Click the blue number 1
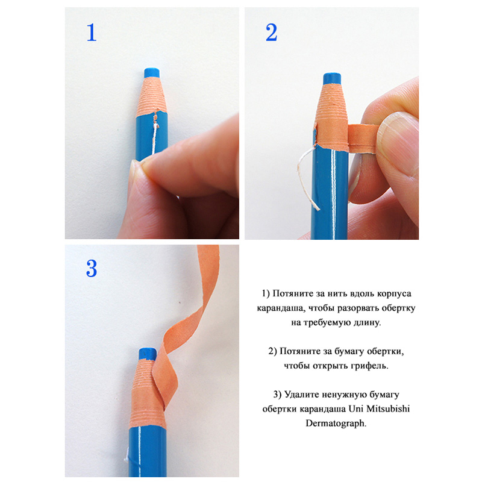coord(92,33)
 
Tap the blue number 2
coord(271,33)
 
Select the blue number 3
coord(92,268)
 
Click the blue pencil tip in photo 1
coord(152,73)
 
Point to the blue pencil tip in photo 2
coord(332,78)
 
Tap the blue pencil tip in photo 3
coord(148,354)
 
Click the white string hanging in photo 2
coord(306,178)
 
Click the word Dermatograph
coord(336,424)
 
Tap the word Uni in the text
coord(355,409)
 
